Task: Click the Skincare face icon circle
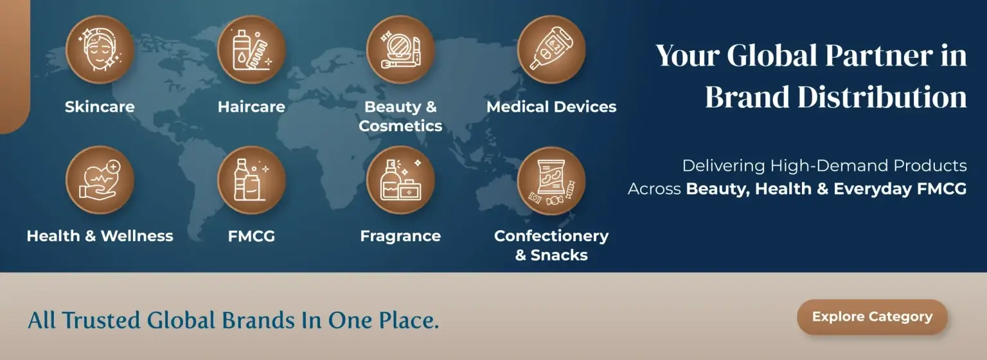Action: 100,50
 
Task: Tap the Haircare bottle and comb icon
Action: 251,50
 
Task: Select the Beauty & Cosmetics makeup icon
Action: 400,50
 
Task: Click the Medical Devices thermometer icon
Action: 551,50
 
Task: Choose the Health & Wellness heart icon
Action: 100,180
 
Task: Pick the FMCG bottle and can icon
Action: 251,180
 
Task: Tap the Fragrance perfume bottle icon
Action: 400,180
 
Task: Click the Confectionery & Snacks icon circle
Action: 551,181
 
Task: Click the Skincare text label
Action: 100,107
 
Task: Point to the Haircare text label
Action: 252,107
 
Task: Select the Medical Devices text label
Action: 551,107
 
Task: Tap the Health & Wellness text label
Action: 100,236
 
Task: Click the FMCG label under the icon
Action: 252,236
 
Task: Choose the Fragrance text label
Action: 400,237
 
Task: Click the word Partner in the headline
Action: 879,56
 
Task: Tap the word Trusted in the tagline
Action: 101,320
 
